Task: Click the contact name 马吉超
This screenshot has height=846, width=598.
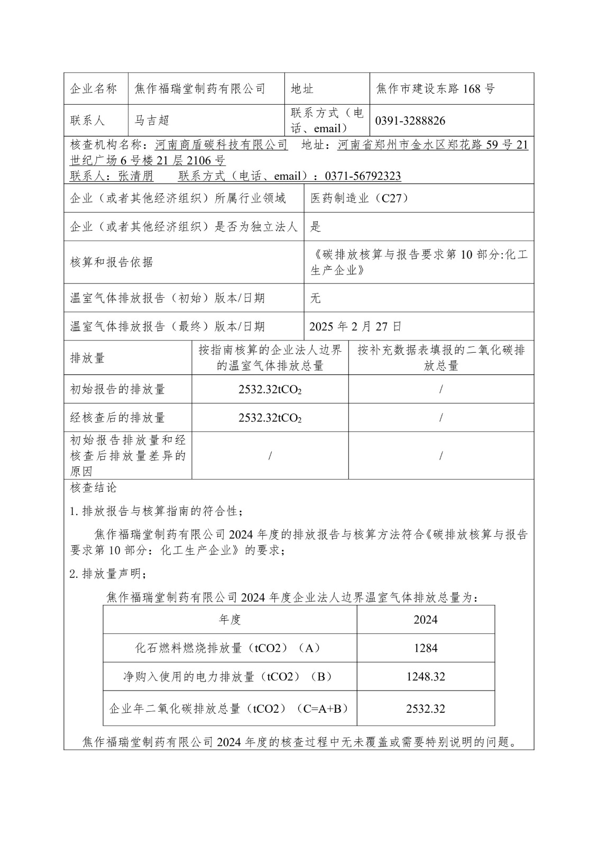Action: coord(151,121)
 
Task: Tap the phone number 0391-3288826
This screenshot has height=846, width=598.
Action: coord(410,121)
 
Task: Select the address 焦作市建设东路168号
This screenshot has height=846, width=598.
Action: coord(436,89)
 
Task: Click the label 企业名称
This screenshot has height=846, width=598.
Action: coord(94,89)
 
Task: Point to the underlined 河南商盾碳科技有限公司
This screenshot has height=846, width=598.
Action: coord(222,145)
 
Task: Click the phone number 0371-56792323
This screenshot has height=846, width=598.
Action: coord(363,176)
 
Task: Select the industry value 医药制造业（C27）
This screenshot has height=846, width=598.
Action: coord(360,198)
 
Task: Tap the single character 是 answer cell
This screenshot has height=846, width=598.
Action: coord(316,227)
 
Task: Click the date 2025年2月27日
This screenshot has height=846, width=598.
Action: coord(355,326)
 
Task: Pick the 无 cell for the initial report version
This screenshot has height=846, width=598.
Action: coord(316,298)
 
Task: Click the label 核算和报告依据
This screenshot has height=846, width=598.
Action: coord(112,262)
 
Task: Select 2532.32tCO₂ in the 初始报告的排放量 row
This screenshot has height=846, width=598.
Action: coord(270,390)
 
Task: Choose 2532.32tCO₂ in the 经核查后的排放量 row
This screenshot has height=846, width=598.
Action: coord(270,418)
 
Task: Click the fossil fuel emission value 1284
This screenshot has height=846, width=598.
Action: coord(425,648)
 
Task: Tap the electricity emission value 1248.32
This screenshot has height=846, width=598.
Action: coord(425,677)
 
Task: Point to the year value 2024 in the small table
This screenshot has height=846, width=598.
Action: coord(425,620)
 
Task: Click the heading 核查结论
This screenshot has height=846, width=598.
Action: coord(93,488)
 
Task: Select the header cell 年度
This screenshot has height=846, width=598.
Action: coord(230,620)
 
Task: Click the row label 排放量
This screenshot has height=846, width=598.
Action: coord(88,358)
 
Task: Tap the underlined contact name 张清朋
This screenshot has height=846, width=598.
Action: coord(136,176)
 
